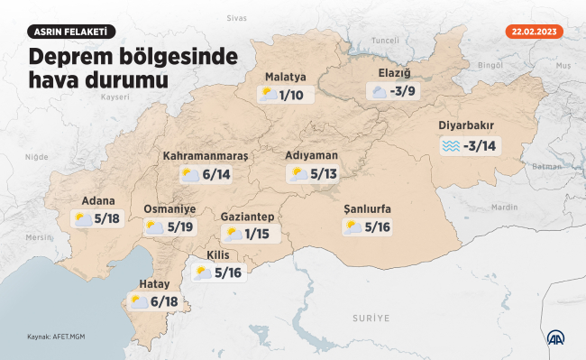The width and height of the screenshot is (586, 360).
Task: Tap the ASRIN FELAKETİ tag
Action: pyautogui.click(x=72, y=32)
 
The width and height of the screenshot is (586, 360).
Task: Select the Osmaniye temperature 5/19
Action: pyautogui.click(x=182, y=227)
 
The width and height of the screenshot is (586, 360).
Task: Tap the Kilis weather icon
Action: pyautogui.click(x=203, y=272)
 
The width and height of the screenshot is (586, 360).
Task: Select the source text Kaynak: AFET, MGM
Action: pyautogui.click(x=54, y=338)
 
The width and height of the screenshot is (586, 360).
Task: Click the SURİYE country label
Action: pyautogui.click(x=371, y=318)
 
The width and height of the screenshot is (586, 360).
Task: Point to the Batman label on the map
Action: pyautogui.click(x=547, y=167)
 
